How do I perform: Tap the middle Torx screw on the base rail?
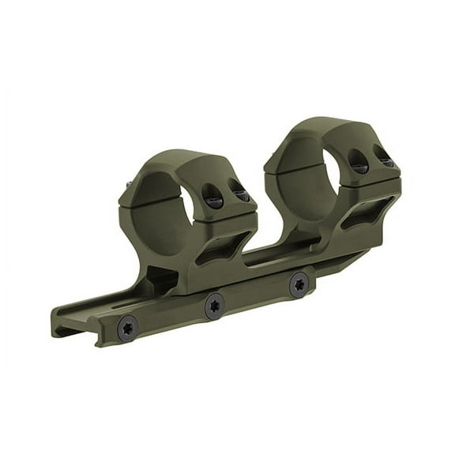click(213, 306)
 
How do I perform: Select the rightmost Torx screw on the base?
click(299, 284)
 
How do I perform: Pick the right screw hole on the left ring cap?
click(238, 190)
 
